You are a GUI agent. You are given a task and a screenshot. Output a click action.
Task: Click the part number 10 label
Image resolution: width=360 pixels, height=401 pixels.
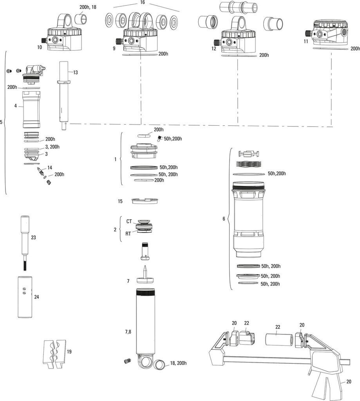[x=40, y=47]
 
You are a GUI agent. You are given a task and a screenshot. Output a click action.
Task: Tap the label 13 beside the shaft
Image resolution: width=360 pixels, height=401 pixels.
[x=75, y=72]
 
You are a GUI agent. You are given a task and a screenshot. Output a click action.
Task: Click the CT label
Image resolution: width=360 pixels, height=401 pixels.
[x=129, y=221]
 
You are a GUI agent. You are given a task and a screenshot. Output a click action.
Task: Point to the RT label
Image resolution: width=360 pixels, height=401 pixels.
[x=128, y=234]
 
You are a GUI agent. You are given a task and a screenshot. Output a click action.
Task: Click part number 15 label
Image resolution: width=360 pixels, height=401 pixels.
[x=120, y=201]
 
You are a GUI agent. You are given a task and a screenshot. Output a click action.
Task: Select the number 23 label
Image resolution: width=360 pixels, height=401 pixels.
[x=33, y=237]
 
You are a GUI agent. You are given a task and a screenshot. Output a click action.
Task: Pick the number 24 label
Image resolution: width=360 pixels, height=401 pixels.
[x=36, y=297]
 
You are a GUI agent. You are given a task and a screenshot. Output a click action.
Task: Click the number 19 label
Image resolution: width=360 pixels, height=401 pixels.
[x=69, y=352]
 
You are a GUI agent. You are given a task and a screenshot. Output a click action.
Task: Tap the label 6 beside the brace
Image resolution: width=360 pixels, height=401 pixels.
[x=224, y=219]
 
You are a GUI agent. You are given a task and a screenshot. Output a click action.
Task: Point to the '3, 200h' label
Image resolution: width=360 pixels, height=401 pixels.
[x=52, y=146]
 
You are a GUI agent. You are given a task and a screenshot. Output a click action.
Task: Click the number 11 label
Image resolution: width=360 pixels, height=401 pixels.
[x=306, y=41]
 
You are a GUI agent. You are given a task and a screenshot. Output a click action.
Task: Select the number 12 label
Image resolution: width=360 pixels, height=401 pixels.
[x=213, y=49]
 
